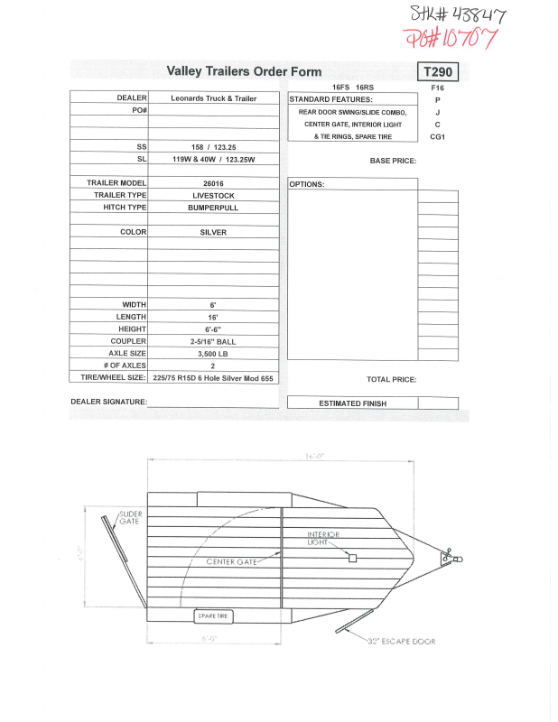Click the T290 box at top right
tap(437, 71)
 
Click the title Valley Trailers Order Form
tap(244, 71)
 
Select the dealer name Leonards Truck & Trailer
tap(214, 98)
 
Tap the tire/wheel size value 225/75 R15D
tap(214, 379)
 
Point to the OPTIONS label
tap(307, 184)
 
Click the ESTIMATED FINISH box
tap(353, 403)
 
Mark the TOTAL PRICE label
tap(391, 380)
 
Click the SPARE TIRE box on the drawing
tap(215, 616)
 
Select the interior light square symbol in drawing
tap(353, 558)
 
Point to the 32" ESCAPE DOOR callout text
tap(403, 642)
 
